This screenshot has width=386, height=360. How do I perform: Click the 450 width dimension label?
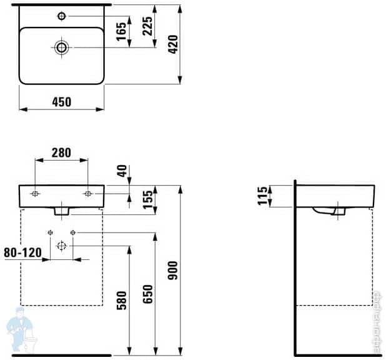[61, 101]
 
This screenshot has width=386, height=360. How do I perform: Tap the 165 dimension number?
[122, 31]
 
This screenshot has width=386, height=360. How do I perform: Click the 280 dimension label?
[61, 152]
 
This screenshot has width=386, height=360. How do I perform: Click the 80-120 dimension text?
[22, 252]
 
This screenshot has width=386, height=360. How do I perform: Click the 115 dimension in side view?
[263, 196]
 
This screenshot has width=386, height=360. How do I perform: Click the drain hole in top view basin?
[61, 47]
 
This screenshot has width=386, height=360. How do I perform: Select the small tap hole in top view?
[62, 15]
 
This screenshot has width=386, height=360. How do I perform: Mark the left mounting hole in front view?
[35, 194]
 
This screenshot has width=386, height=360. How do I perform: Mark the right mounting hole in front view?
[87, 194]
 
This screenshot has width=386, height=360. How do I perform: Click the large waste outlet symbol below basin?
[61, 246]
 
